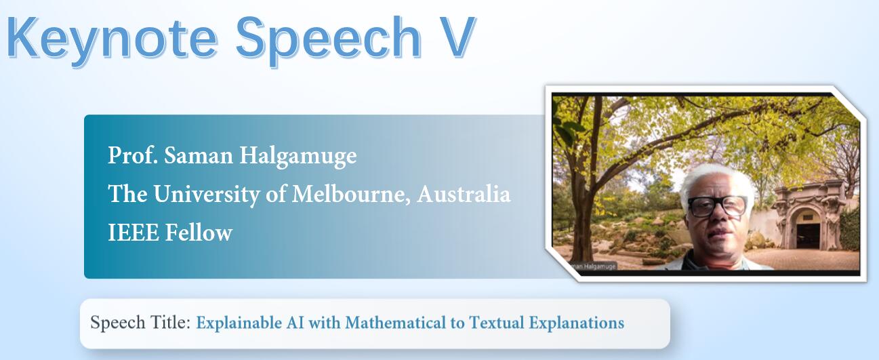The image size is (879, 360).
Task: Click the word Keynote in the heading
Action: [113, 40]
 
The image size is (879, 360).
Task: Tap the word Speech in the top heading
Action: [329, 40]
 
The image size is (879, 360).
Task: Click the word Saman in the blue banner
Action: [199, 155]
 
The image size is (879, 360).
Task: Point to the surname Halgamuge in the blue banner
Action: [298, 157]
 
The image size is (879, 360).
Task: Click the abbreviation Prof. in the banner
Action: [133, 155]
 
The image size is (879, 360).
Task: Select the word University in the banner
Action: [207, 195]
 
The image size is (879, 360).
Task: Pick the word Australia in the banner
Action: [464, 193]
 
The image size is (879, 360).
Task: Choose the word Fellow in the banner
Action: [199, 232]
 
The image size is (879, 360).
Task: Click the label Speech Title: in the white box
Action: [140, 323]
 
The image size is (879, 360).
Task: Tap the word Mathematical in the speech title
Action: [396, 323]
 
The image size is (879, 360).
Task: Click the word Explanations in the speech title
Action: [577, 323]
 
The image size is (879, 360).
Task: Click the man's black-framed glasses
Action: [717, 205]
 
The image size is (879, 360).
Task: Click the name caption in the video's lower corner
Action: [592, 266]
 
